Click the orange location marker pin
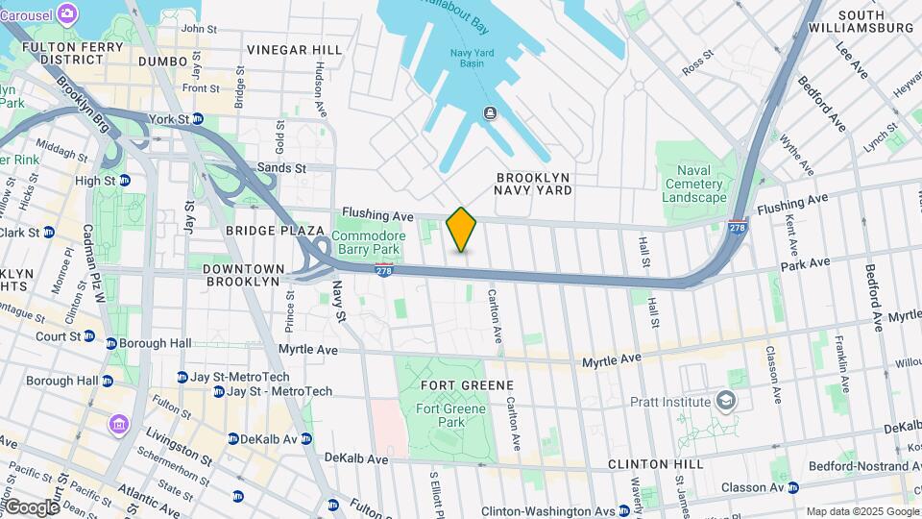461,230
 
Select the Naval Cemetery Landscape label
693,184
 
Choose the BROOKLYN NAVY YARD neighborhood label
534,184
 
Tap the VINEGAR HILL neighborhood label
294,50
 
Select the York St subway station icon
197,119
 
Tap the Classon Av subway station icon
792,487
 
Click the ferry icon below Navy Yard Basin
490,114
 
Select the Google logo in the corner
32,507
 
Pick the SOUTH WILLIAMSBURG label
875,21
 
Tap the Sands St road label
281,168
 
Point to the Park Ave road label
804,263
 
